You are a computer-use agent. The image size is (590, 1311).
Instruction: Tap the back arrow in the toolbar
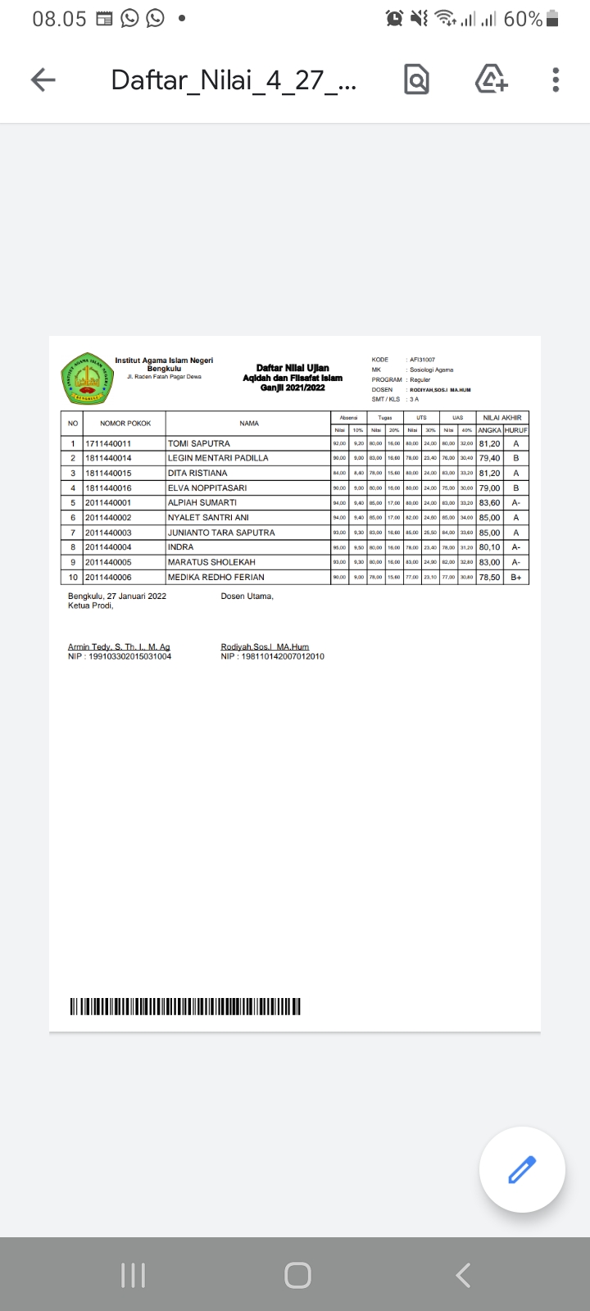click(x=43, y=79)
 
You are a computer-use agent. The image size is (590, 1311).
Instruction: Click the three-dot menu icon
click(x=556, y=79)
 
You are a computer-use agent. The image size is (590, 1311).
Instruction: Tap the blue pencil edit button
click(x=522, y=1169)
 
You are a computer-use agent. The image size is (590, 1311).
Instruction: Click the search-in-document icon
click(x=416, y=79)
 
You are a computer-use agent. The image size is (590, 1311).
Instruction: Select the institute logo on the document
click(x=86, y=379)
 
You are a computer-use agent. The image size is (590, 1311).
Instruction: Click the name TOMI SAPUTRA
click(x=199, y=443)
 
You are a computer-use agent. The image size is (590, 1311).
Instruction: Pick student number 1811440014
click(x=108, y=458)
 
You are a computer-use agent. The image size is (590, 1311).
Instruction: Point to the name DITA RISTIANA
click(x=197, y=473)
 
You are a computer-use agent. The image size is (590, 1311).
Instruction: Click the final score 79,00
click(x=489, y=488)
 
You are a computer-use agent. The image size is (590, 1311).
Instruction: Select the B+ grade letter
click(x=516, y=577)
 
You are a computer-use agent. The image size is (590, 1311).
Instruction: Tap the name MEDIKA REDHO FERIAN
click(x=216, y=577)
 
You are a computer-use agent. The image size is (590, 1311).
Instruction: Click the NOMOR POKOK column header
click(x=125, y=424)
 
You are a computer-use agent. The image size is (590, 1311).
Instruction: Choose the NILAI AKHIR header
click(x=502, y=418)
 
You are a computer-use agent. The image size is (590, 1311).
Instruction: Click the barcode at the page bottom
click(x=185, y=1006)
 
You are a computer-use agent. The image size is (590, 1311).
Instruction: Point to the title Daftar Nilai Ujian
click(x=293, y=368)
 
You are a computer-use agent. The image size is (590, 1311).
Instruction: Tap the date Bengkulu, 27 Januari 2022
click(x=117, y=596)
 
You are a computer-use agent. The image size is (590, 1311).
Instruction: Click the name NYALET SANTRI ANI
click(x=208, y=518)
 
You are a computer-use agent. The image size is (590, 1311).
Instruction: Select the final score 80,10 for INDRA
click(x=489, y=547)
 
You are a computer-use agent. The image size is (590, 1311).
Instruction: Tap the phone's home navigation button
click(x=297, y=1275)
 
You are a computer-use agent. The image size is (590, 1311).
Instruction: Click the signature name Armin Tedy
click(x=119, y=647)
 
